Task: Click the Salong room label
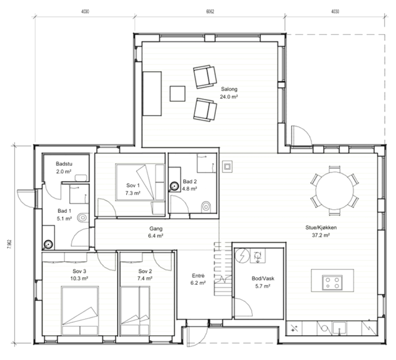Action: tap(229, 89)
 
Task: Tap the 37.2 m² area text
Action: tap(321, 235)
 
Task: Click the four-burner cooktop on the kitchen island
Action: tap(332, 283)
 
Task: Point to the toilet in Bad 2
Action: tap(206, 207)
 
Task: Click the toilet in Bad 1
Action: tap(83, 217)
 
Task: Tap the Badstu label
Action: tap(64, 164)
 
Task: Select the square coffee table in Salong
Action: tap(178, 93)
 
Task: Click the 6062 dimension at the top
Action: tap(210, 12)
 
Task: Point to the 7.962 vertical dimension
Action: tap(9, 244)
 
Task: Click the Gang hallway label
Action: tap(156, 229)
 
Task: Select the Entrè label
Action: tap(198, 276)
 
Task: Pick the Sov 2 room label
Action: tap(145, 271)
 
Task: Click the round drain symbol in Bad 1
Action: tap(48, 244)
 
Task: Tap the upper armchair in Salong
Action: tap(205, 77)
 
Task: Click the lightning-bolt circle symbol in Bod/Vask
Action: tap(242, 255)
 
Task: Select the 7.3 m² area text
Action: tap(133, 193)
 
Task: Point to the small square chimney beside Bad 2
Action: tap(227, 166)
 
